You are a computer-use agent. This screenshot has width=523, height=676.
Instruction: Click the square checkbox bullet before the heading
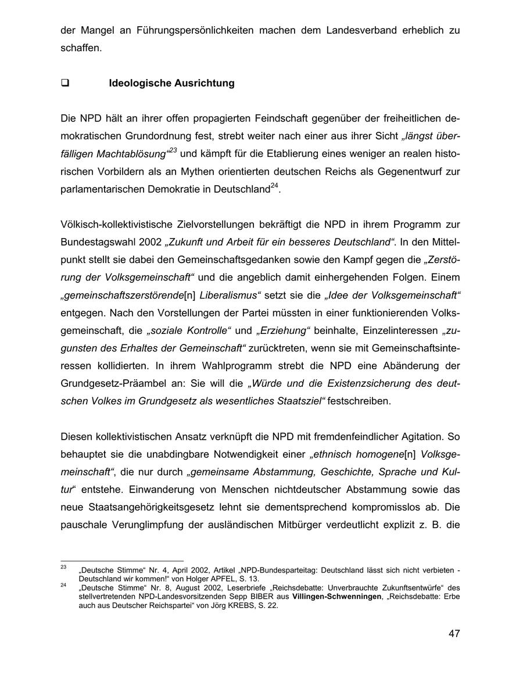(65, 83)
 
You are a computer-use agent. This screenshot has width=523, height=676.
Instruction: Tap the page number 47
(454, 634)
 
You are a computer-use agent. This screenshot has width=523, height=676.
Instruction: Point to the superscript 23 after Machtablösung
(173, 150)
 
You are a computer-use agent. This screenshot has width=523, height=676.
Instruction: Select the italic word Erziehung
(284, 330)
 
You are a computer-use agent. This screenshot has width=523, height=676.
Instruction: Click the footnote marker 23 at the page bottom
(63, 566)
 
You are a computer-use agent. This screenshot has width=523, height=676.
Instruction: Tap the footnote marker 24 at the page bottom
(63, 585)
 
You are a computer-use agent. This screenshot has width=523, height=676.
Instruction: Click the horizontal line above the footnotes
(122, 561)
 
